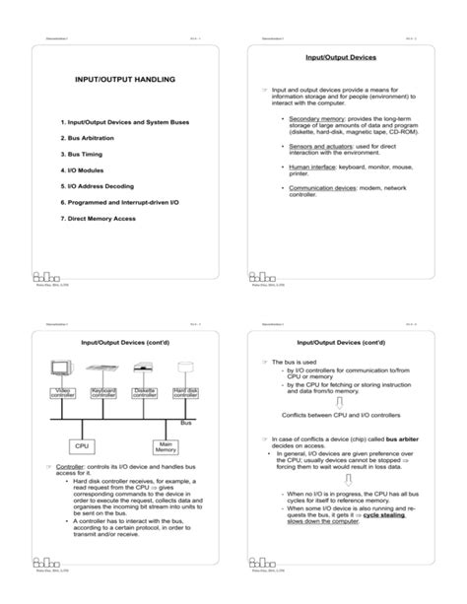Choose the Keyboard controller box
coord(103,394)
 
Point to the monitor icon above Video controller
coord(61,368)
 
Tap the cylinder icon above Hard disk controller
coord(184,369)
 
